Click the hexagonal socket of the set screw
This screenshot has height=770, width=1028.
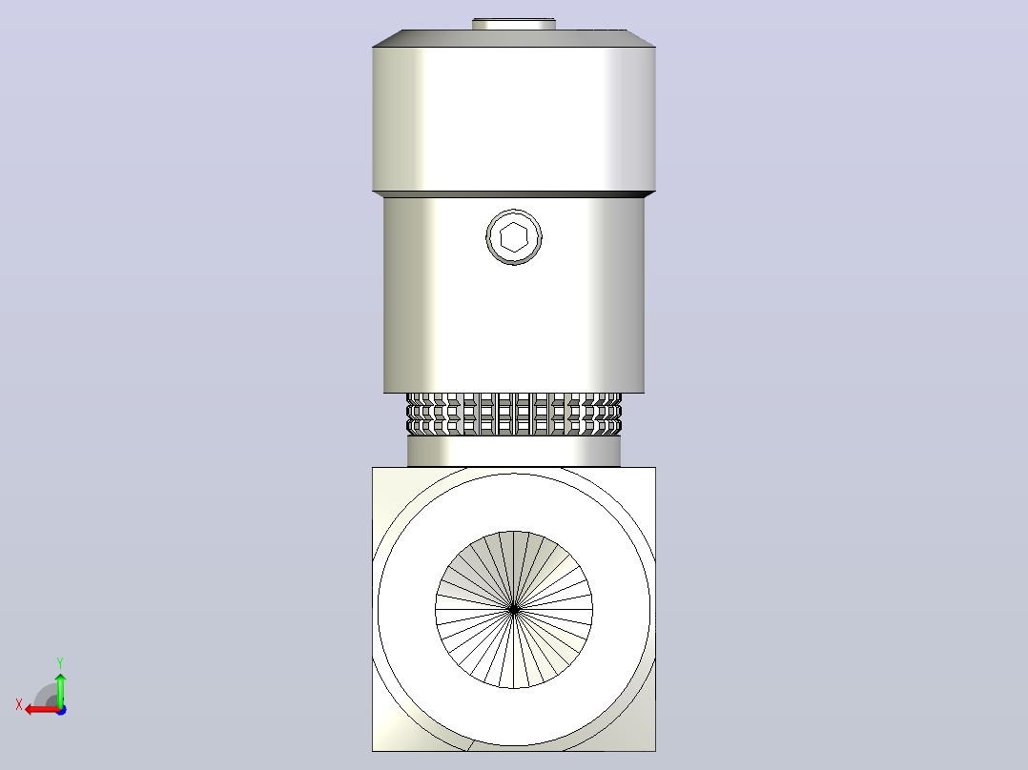(514, 237)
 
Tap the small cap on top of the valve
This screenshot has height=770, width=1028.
(514, 24)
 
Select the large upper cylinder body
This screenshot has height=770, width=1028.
(514, 118)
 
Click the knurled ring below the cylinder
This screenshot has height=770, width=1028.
(514, 415)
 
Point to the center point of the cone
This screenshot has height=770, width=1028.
(514, 610)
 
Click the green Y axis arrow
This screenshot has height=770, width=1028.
(60, 689)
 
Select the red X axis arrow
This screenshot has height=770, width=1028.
(43, 710)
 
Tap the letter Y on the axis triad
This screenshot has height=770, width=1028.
(60, 662)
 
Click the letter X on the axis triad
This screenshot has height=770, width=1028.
(19, 704)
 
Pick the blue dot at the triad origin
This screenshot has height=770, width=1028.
(62, 710)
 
